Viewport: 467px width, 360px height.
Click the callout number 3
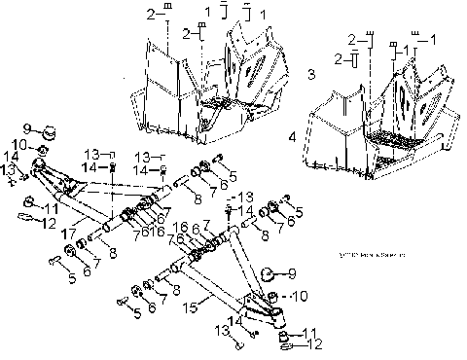tap(310, 74)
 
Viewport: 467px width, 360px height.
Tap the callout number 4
tap(291, 137)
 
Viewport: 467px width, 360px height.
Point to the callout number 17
tap(69, 234)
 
